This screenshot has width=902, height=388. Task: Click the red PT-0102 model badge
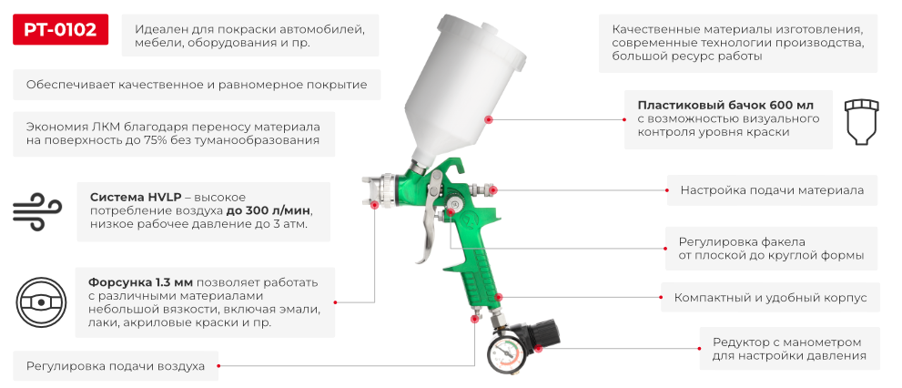click(60, 30)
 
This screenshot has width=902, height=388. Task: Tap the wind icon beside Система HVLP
click(35, 210)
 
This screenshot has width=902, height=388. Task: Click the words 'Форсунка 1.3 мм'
click(140, 281)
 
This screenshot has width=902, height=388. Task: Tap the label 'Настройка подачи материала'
click(772, 191)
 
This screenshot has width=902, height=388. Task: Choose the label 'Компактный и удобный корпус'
click(770, 298)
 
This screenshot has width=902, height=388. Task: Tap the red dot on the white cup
click(489, 119)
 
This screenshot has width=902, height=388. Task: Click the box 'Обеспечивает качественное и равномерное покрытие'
click(197, 85)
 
